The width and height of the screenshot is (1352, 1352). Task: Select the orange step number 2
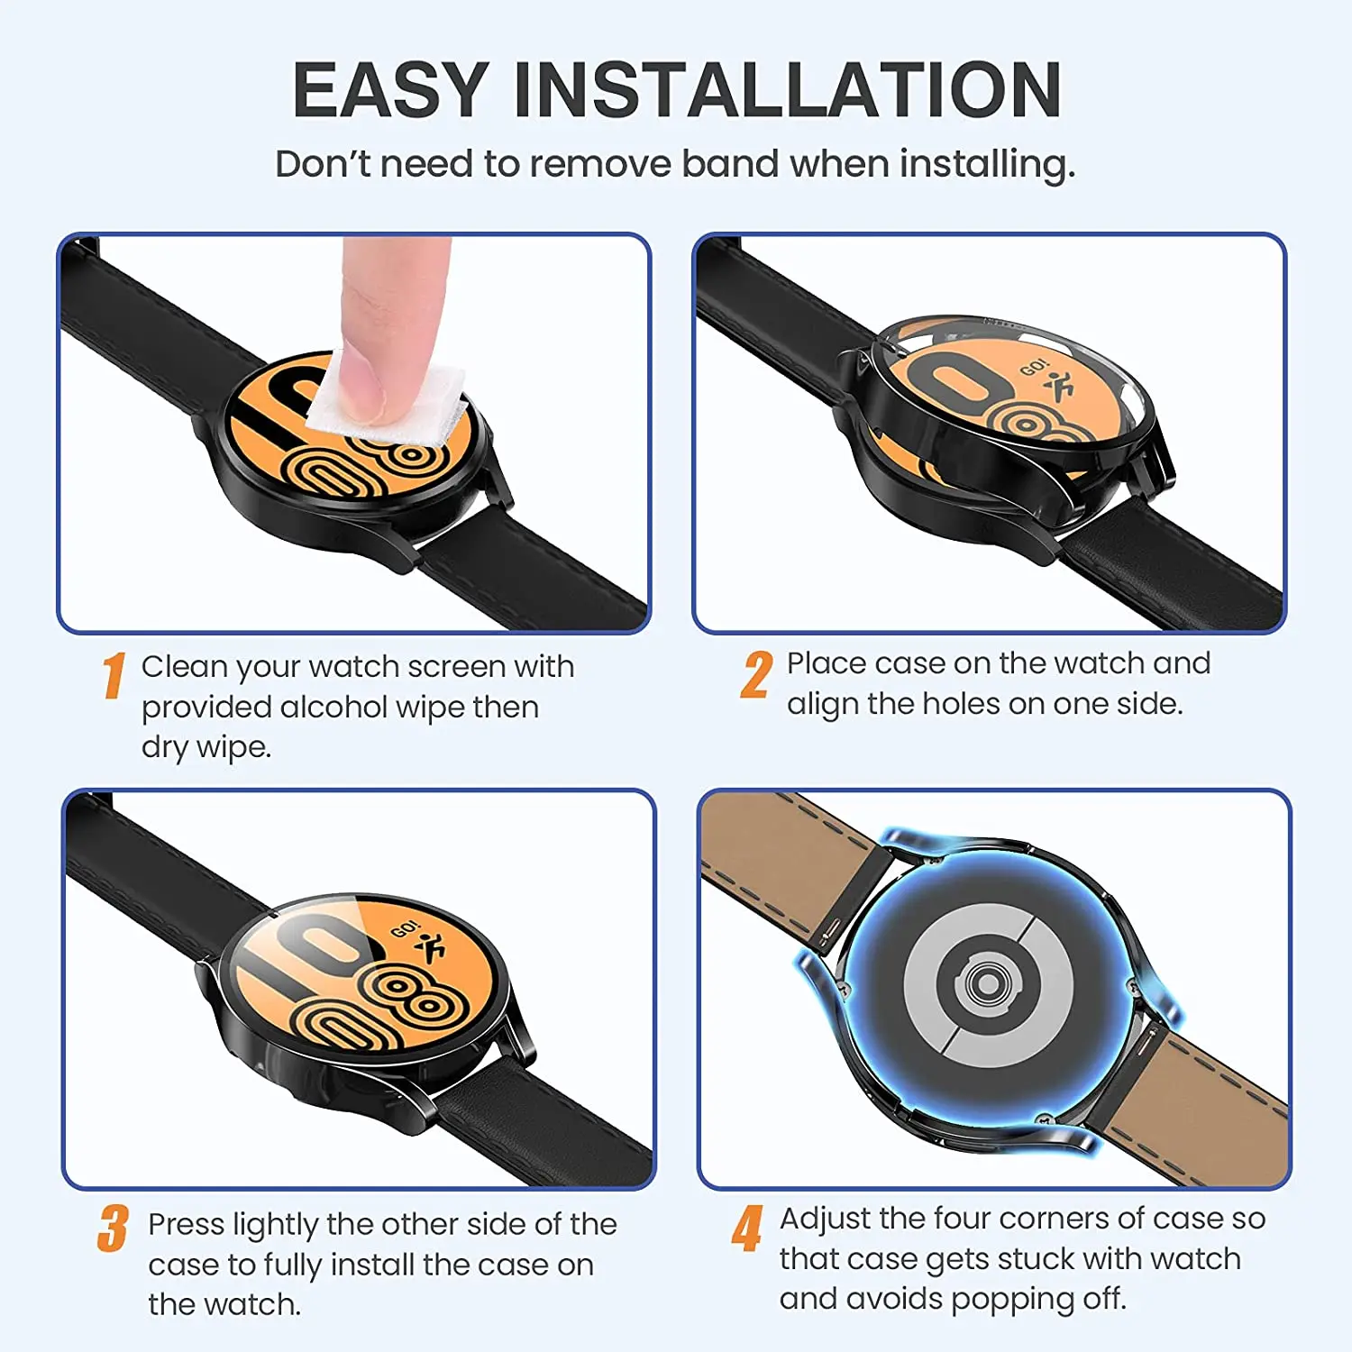[756, 675]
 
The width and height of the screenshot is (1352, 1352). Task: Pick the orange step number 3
[113, 1229]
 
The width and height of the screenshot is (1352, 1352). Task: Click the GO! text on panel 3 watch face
[405, 929]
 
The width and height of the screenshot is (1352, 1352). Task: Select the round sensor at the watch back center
[988, 982]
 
